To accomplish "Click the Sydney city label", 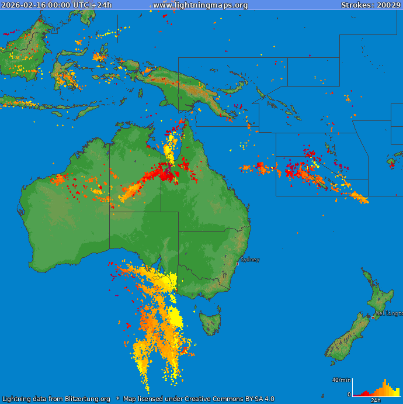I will pyautogui.click(x=250, y=260).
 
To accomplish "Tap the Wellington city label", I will pyautogui.click(x=390, y=313).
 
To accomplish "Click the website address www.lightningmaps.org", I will pyautogui.click(x=200, y=5).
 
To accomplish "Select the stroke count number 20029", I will pyautogui.click(x=388, y=5).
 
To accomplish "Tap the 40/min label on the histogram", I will pyautogui.click(x=341, y=380).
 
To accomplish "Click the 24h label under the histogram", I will pyautogui.click(x=376, y=400).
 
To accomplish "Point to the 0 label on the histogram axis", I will pyautogui.click(x=349, y=395).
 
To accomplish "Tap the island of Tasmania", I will pyautogui.click(x=210, y=322).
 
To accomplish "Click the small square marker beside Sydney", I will pyautogui.click(x=237, y=264).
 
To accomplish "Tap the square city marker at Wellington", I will pyautogui.click(x=373, y=317).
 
